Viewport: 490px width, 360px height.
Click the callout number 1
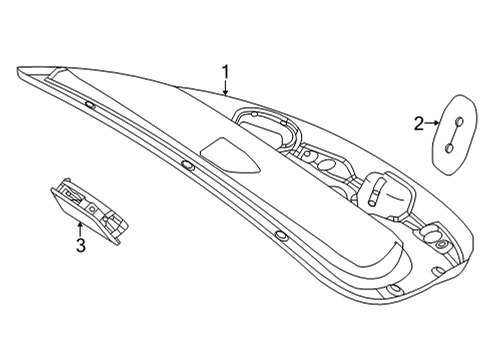[x=226, y=72]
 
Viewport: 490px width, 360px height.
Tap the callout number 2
[x=419, y=124]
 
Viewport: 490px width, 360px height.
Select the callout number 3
[x=81, y=245]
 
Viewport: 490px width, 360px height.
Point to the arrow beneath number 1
[x=226, y=87]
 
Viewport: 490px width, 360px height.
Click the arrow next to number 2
[x=432, y=123]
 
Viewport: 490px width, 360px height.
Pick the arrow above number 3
[x=80, y=229]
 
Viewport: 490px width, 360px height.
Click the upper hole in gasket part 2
[x=459, y=121]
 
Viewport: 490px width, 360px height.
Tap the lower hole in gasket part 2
[x=450, y=148]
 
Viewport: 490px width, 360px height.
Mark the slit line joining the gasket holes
[x=454, y=134]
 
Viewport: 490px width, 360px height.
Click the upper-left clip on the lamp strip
[x=90, y=105]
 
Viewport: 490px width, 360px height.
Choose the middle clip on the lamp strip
[x=188, y=165]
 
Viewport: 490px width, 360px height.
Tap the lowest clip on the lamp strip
[x=281, y=235]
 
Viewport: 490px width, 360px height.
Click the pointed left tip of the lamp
[x=18, y=69]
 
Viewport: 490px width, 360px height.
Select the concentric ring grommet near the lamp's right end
[x=441, y=244]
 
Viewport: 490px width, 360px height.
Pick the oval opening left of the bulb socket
[x=327, y=164]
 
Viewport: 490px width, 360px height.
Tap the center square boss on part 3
[x=91, y=209]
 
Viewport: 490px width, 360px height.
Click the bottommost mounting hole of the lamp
[x=395, y=288]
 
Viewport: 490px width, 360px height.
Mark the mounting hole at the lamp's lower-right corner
[x=436, y=270]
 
